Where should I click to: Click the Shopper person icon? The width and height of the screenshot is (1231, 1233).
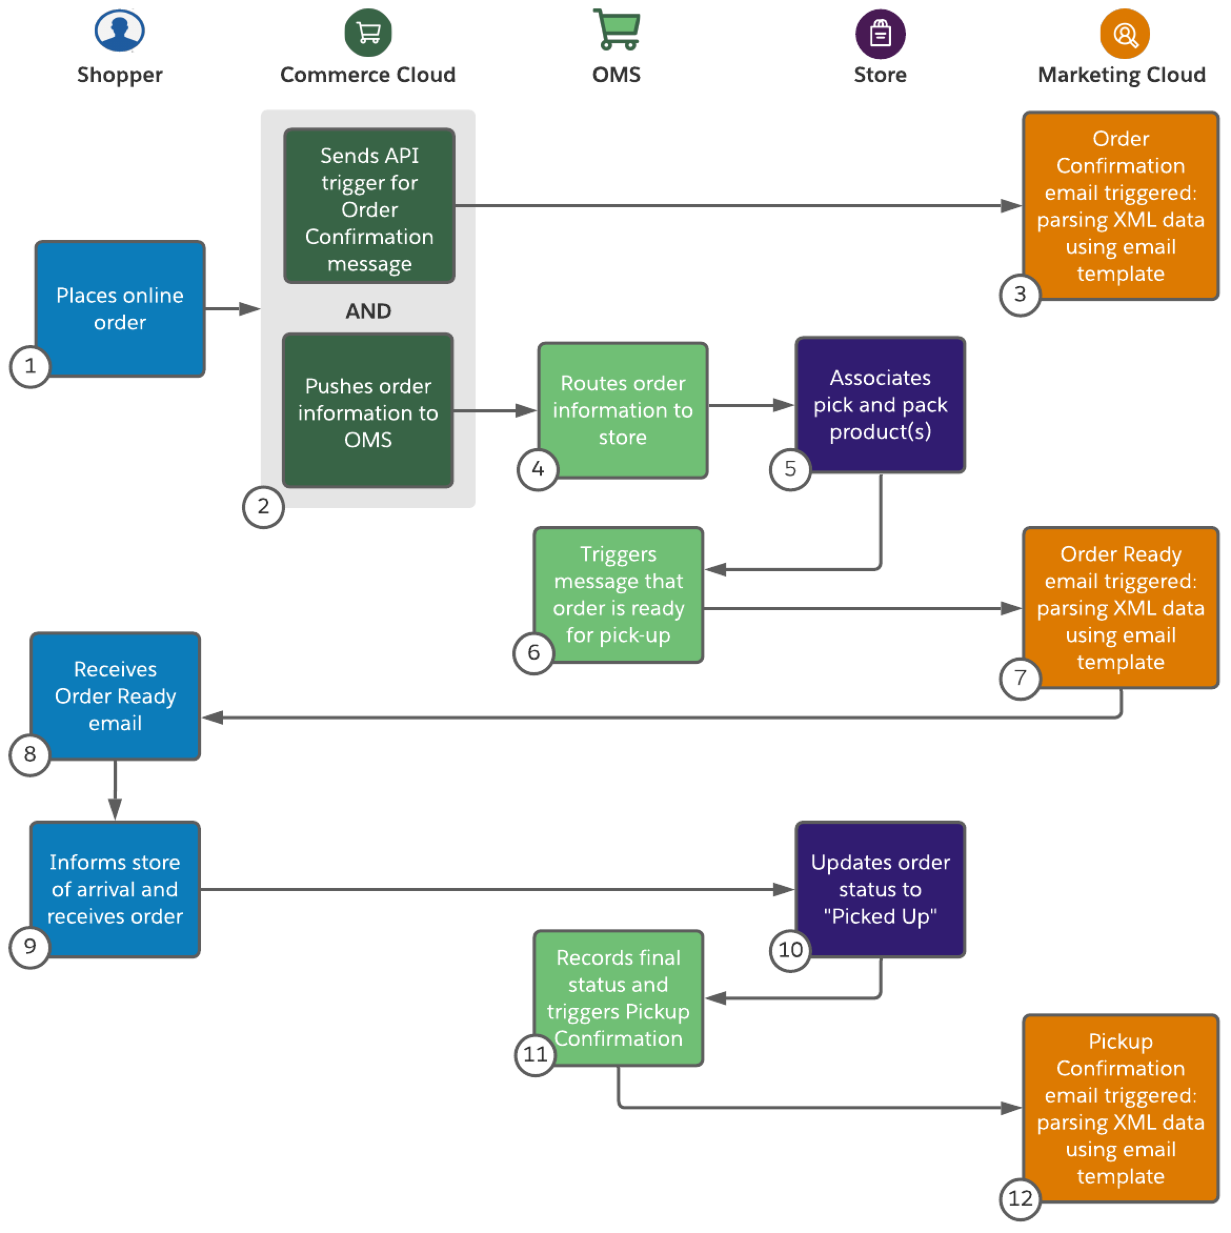tap(119, 30)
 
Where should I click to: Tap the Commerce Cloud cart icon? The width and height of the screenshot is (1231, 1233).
tap(368, 33)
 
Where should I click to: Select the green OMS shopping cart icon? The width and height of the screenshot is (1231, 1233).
tap(617, 29)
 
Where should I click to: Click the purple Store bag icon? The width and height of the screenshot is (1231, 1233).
tap(880, 34)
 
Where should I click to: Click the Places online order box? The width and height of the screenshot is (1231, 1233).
tap(120, 308)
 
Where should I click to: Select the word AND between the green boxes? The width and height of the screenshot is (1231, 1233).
tap(368, 311)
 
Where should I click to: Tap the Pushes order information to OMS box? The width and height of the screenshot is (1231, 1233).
tap(368, 410)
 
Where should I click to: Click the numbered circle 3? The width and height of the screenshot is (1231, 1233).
tap(1020, 294)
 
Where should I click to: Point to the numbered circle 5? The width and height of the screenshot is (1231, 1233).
tap(790, 469)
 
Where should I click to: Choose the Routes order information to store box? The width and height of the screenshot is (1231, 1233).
tap(623, 410)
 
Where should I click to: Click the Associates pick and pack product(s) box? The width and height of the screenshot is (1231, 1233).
tap(880, 405)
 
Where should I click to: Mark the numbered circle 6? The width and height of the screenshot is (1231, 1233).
tap(533, 652)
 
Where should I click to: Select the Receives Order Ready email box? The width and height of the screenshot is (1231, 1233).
tap(116, 695)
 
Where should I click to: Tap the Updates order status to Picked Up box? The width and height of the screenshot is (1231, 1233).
tap(880, 889)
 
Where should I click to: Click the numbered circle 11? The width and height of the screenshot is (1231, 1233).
tap(535, 1054)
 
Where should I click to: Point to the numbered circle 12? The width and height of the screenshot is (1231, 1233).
tap(1020, 1198)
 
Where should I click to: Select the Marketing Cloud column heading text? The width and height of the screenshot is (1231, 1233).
tap(1121, 75)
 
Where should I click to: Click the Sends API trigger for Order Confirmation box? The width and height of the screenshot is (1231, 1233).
tap(369, 206)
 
